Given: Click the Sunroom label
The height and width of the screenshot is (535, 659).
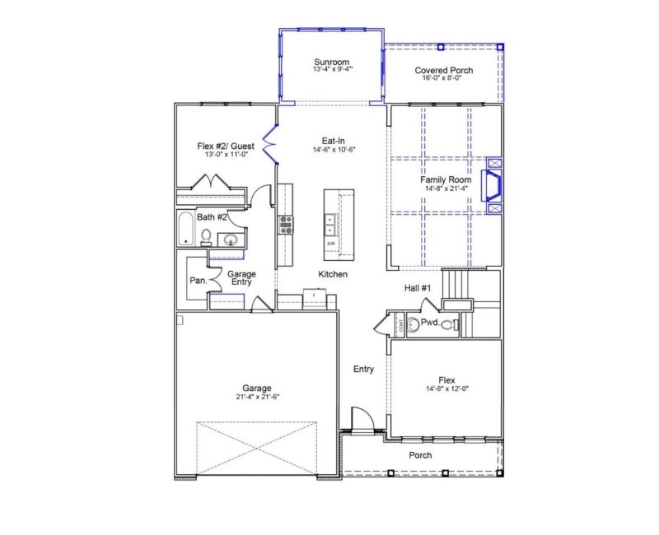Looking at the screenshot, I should (332, 62).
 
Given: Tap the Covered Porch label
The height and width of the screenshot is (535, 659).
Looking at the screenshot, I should (443, 71).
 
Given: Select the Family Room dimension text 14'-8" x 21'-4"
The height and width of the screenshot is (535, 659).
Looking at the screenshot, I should (445, 188).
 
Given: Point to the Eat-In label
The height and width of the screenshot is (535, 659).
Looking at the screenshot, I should (332, 141).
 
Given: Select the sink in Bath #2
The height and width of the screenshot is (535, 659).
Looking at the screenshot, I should (231, 240).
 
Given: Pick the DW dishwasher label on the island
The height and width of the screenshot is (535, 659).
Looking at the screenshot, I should (331, 244).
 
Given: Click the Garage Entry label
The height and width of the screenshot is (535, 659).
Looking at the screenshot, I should (241, 278).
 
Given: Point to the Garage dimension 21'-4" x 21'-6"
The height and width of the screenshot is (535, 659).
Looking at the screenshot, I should (256, 398).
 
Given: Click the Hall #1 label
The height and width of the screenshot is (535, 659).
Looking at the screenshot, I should (418, 287).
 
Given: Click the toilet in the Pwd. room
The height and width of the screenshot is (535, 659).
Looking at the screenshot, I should (448, 325).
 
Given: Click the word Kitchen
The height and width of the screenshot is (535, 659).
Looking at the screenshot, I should (333, 274).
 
